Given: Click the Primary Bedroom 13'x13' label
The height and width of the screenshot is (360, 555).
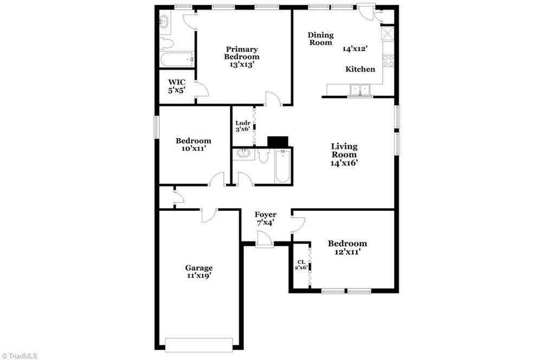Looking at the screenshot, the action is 242,57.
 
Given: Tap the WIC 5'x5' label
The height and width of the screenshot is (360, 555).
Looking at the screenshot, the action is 177,86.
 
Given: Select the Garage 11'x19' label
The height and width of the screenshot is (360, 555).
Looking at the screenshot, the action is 199,272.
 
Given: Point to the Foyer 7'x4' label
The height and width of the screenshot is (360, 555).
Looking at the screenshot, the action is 266,218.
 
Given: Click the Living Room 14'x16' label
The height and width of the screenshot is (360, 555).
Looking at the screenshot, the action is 344,155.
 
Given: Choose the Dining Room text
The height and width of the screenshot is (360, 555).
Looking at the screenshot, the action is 321,38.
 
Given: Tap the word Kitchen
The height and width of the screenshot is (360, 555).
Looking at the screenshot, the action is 360,69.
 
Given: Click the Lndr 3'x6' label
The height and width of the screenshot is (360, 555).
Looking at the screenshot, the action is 243,126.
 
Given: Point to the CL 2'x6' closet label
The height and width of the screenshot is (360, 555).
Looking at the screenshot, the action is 301,265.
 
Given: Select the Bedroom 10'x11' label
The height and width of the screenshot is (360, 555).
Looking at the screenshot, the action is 193,144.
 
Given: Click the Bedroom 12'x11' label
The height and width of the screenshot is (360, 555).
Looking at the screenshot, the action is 347,247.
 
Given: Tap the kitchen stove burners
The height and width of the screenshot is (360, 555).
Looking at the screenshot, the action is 388,61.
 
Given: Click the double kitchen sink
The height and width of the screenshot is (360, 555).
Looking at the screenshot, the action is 360,90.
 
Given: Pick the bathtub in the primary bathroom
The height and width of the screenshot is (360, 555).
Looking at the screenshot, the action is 177,59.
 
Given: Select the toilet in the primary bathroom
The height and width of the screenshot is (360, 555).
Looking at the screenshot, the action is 166,44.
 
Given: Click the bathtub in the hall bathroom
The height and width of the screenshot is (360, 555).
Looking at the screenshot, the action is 283,166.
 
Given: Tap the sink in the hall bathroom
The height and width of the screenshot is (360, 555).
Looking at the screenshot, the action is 243,154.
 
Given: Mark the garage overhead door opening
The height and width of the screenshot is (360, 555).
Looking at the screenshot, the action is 199,345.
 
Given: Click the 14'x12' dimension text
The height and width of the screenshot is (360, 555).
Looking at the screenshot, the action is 353,48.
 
